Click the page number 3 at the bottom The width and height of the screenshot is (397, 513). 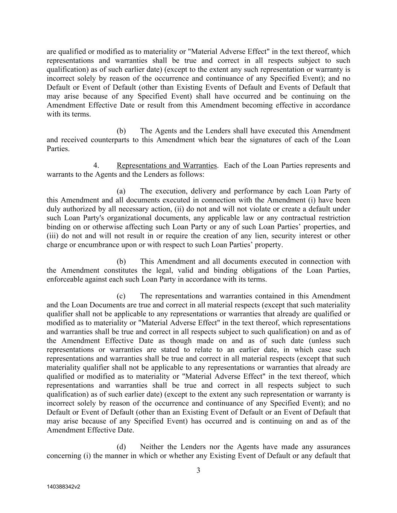pyautogui.click(x=198, y=471)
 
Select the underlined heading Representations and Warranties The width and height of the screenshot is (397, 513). pyautogui.click(x=167, y=165)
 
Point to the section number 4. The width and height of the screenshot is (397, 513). pyautogui.click(x=96, y=165)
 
